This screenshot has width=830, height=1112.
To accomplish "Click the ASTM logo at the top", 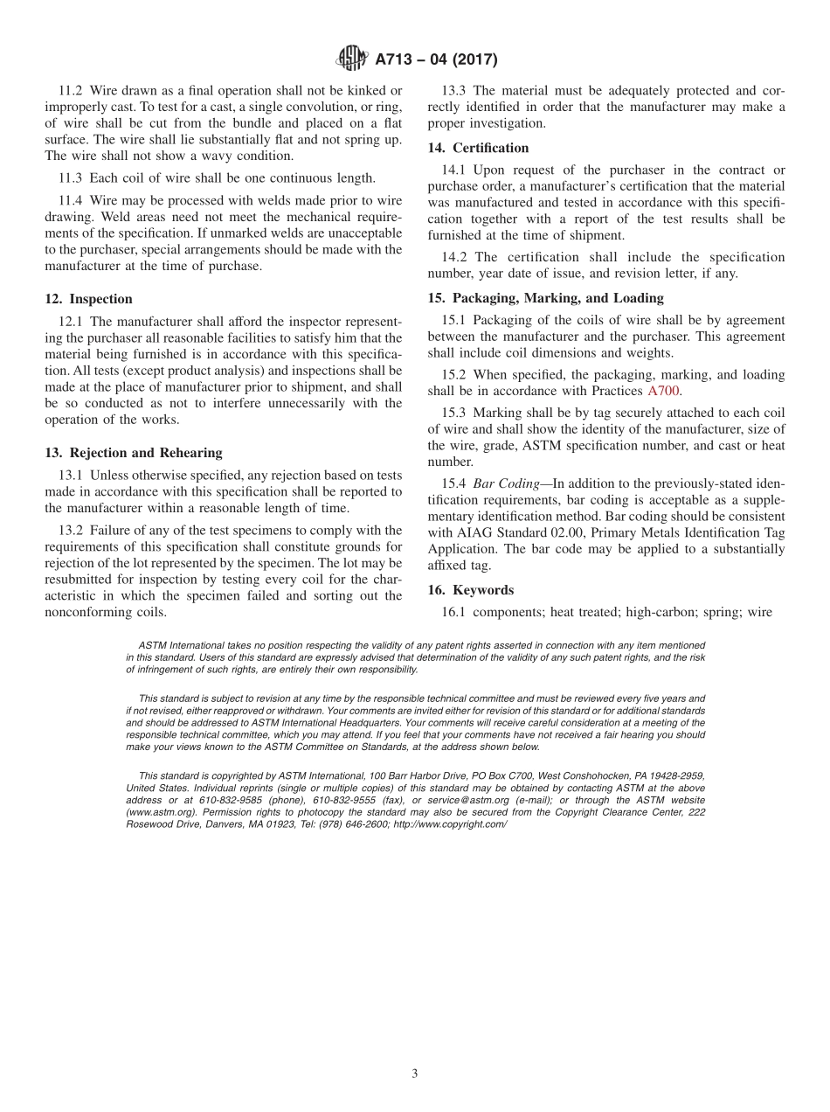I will tap(352, 59).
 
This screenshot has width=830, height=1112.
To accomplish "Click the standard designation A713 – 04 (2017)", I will tap(436, 59).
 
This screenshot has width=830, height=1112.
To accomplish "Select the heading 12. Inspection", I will tap(88, 299).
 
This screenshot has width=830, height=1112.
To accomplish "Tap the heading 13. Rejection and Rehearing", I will tap(134, 453).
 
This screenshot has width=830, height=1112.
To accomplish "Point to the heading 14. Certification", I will tap(478, 148).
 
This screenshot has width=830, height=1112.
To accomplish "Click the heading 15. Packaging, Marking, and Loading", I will tap(546, 298).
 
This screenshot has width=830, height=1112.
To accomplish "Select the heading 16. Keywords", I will tap(471, 590).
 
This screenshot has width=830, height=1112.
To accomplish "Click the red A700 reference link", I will tap(663, 391).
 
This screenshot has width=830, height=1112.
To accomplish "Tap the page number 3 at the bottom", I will tap(415, 1074).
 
